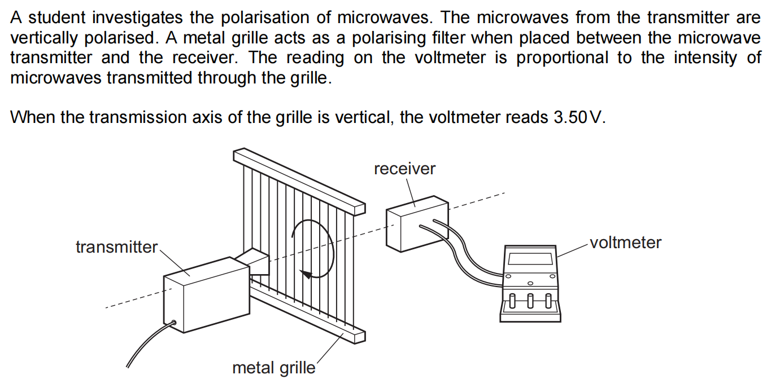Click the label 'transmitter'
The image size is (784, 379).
tap(116, 247)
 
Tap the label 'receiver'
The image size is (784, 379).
tap(404, 169)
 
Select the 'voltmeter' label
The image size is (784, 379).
tap(625, 243)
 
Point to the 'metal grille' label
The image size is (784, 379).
tap(274, 368)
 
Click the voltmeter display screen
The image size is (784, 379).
tap(530, 259)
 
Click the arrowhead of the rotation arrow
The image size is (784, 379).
tap(306, 275)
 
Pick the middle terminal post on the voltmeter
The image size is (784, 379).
tap(530, 300)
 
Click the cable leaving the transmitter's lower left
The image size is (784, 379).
tap(148, 345)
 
